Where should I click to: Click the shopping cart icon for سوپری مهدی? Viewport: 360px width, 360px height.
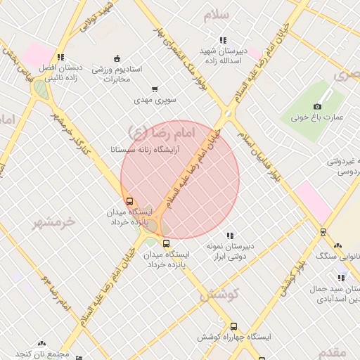click(155, 89)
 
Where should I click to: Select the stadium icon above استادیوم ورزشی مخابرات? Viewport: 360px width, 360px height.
click(117, 58)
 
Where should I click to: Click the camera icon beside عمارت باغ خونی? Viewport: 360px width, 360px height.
click(317, 106)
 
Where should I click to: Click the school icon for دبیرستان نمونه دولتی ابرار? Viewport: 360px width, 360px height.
click(230, 236)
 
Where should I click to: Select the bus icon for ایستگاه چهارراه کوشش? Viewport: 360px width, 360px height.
click(233, 326)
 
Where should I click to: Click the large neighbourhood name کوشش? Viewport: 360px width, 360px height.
click(219, 295)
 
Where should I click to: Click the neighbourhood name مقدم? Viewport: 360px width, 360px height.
click(332, 351)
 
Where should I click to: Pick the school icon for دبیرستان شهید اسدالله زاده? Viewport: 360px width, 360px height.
click(224, 41)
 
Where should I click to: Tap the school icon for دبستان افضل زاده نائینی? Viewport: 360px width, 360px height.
click(60, 58)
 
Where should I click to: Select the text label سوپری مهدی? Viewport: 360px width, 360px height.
click(157, 101)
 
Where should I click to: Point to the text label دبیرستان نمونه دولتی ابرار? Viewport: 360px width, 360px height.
click(229, 252)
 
